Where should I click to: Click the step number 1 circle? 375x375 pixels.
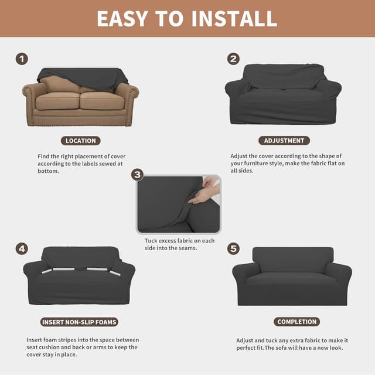(x=22, y=59)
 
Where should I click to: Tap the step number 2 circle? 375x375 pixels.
(x=234, y=59)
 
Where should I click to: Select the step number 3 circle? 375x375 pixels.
(x=138, y=175)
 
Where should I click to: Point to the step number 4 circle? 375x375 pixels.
(x=22, y=248)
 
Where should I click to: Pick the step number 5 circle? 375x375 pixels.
(x=234, y=248)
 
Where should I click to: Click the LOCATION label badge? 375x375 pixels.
(x=81, y=141)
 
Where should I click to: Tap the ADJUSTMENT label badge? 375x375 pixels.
(x=284, y=141)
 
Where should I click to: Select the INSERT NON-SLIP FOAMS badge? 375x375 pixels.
(x=80, y=322)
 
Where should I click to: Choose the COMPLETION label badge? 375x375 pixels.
(x=296, y=322)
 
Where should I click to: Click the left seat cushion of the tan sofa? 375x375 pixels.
(x=57, y=101)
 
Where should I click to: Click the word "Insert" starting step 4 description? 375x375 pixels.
(x=36, y=340)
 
